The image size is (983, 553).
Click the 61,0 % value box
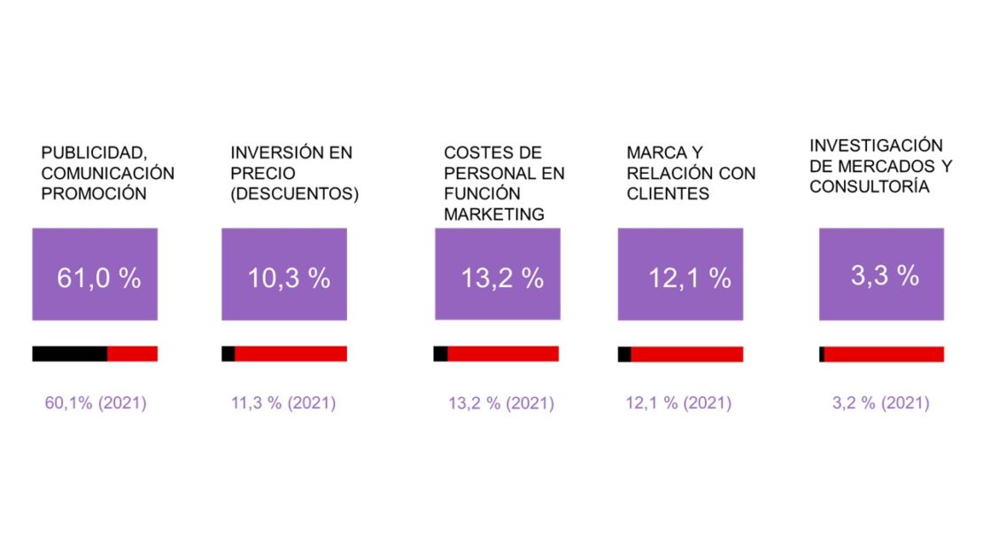point(95,274)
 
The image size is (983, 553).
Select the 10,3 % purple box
point(284,274)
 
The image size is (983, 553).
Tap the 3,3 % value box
point(881,274)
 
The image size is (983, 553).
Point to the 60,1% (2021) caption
point(96,403)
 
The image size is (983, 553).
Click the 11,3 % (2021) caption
point(283,403)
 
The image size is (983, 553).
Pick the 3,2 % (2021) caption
point(880,403)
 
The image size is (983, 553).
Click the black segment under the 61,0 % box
point(70,354)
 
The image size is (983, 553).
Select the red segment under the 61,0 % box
point(133,354)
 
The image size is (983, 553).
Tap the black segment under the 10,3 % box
point(228,354)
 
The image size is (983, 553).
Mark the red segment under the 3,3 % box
point(884,354)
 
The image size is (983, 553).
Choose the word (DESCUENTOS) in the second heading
point(294,194)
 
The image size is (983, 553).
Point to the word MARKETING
point(494,214)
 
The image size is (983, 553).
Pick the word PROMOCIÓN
point(94,194)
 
